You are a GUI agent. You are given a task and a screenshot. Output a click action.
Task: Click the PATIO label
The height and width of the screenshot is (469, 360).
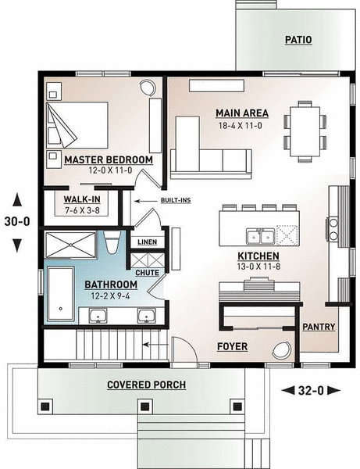point(298,39)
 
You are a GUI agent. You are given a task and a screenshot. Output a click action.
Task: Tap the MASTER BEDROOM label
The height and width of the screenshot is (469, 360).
point(108,159)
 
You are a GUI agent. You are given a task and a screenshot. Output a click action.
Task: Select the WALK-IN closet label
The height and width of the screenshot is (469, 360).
point(81,199)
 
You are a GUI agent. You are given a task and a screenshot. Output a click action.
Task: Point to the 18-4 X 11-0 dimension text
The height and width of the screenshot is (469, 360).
point(240,125)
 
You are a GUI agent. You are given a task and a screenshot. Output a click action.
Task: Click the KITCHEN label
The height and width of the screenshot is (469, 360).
point(258,256)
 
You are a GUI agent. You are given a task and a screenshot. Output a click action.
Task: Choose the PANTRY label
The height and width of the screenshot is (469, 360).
point(319,327)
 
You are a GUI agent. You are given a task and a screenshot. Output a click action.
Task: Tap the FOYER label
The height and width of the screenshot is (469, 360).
point(233,345)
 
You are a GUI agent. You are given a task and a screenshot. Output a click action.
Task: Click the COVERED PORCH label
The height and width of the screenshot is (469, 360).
point(147,385)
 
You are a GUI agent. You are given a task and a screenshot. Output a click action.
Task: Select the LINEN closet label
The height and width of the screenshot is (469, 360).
point(146,242)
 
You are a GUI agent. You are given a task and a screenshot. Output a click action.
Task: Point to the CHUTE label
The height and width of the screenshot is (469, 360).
point(147,273)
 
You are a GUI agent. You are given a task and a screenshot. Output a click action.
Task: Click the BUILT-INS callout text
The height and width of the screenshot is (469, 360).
point(176,201)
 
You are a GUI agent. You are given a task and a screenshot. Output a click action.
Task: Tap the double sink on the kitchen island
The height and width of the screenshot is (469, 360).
point(259,235)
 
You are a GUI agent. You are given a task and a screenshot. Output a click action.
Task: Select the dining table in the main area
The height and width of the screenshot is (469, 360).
point(305,127)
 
